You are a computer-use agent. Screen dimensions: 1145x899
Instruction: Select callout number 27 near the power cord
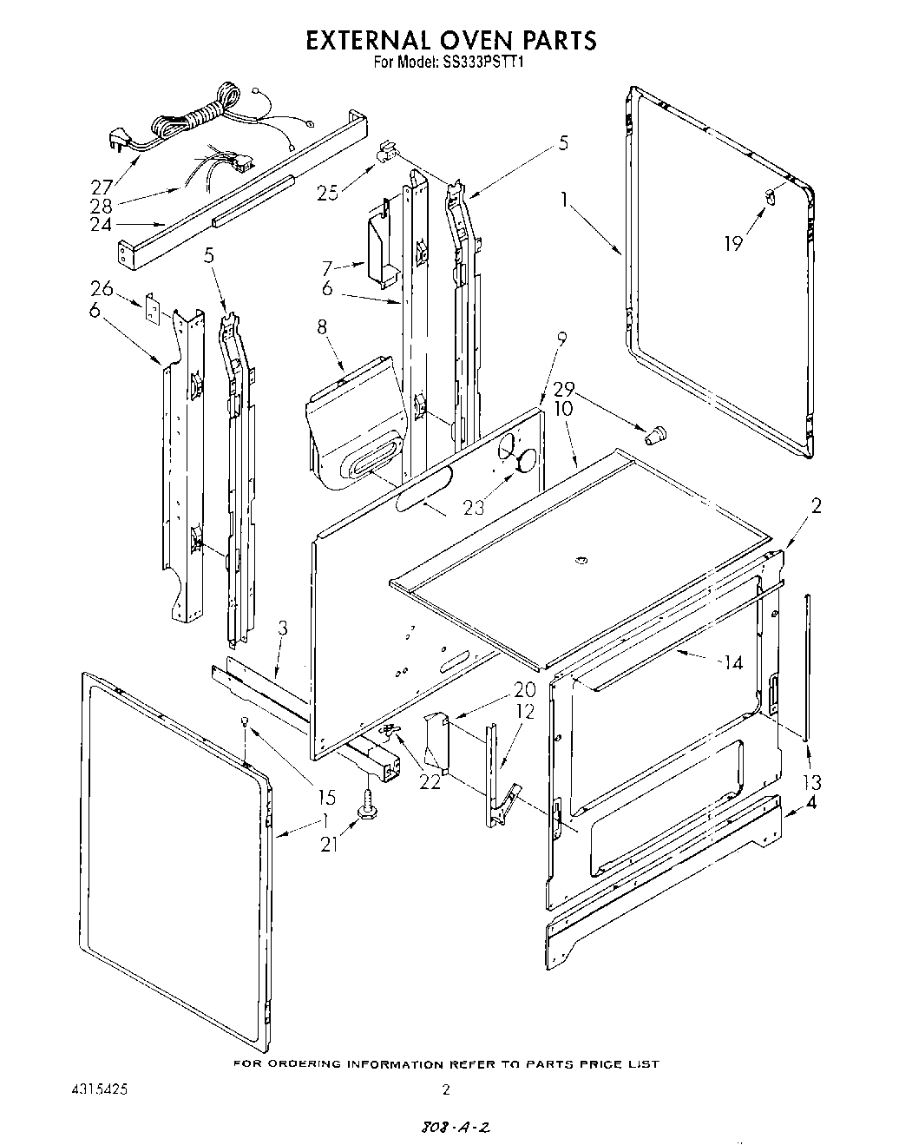tap(102, 186)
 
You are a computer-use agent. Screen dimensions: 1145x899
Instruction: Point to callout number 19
tap(734, 243)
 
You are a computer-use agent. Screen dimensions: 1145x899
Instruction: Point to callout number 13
tap(811, 782)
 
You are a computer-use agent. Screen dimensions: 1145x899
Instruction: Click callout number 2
tap(816, 507)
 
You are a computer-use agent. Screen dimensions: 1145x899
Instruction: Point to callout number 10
tap(563, 408)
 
